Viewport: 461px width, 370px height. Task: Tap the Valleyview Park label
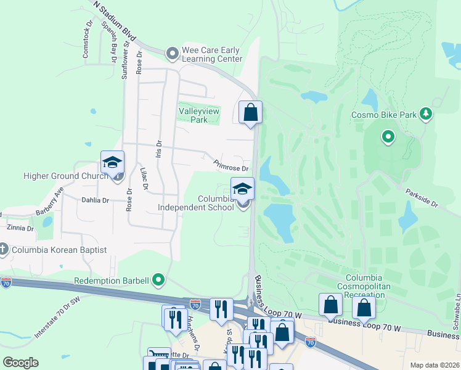pyautogui.click(x=198, y=115)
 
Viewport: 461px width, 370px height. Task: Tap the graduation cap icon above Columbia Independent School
pyautogui.click(x=242, y=188)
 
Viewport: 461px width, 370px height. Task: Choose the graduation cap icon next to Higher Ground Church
pyautogui.click(x=112, y=162)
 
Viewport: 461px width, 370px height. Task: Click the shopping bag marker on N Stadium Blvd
pyautogui.click(x=250, y=112)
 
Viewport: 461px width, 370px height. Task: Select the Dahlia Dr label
pyautogui.click(x=95, y=200)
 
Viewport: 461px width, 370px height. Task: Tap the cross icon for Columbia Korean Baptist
pyautogui.click(x=4, y=250)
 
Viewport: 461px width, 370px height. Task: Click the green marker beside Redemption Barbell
pyautogui.click(x=159, y=281)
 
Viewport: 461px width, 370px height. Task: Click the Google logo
pyautogui.click(x=20, y=363)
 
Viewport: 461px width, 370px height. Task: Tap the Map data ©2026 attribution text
pyautogui.click(x=434, y=365)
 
